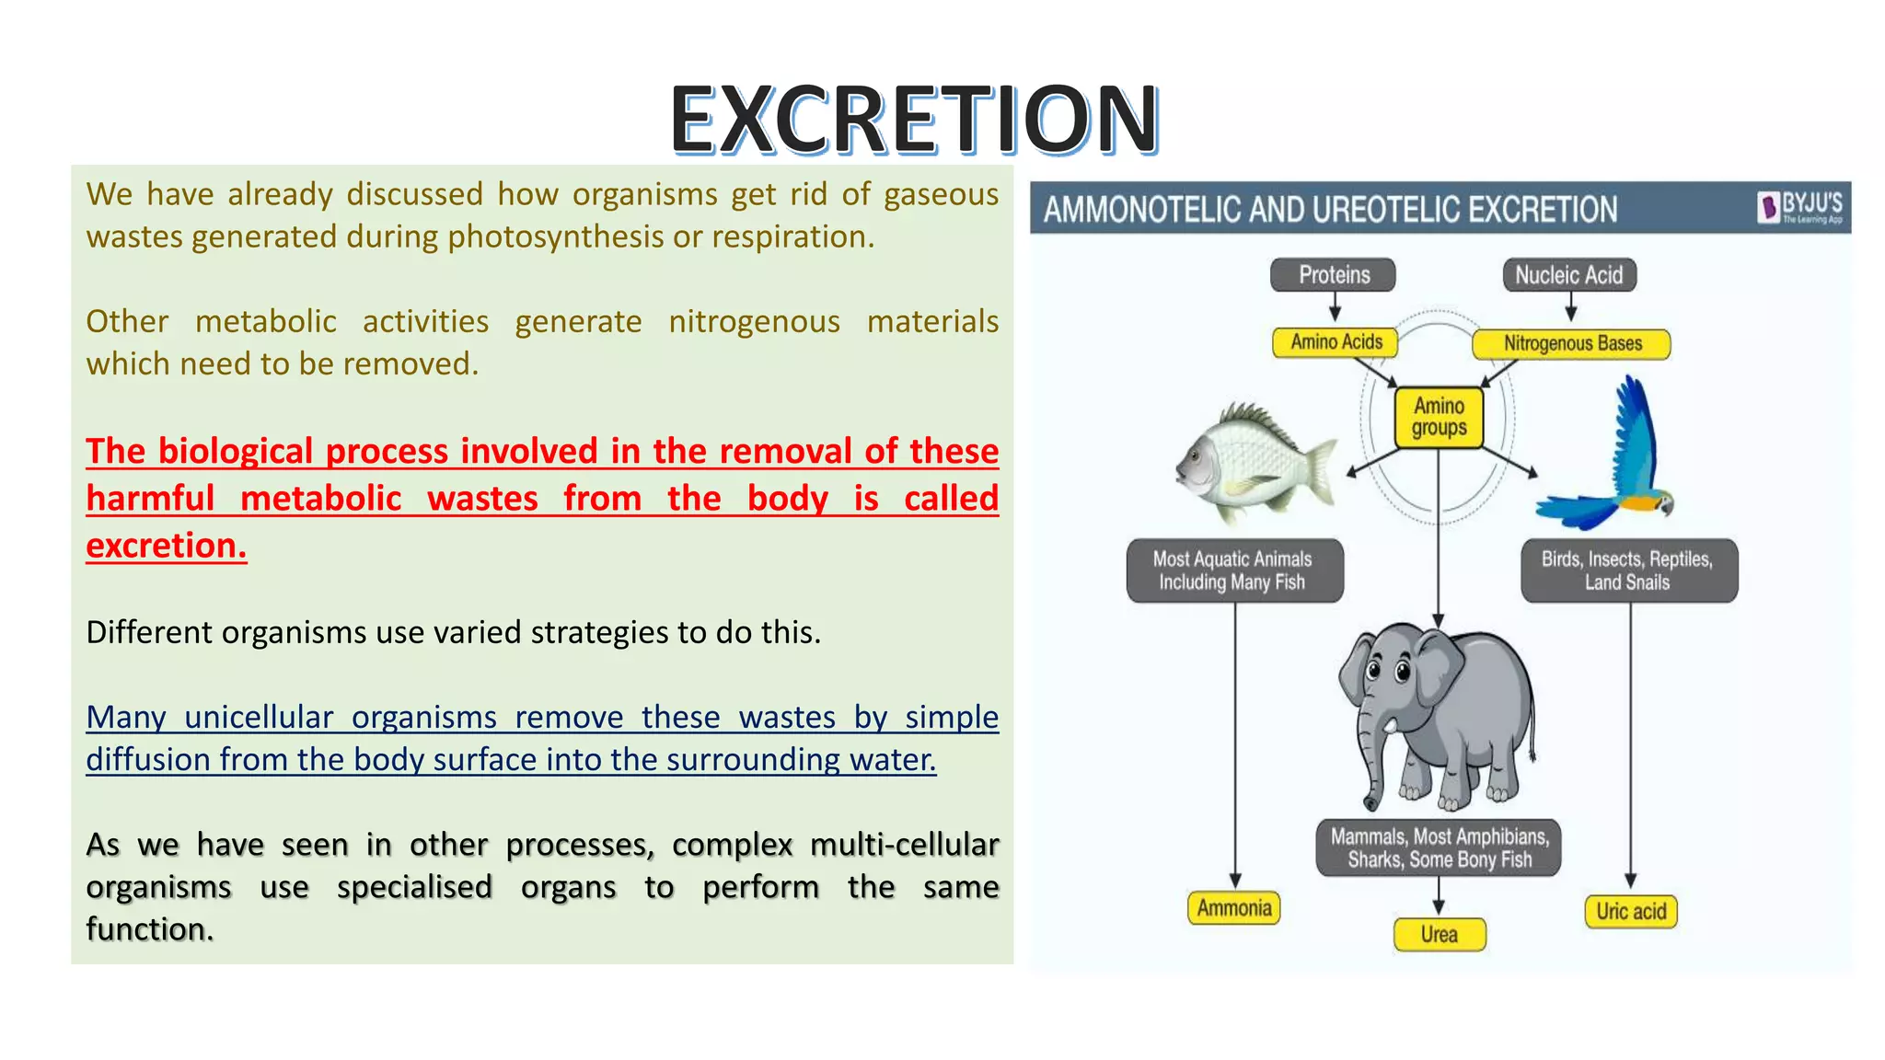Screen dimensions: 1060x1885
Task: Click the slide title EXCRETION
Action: tap(913, 119)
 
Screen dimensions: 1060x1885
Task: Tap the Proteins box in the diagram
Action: tap(1333, 275)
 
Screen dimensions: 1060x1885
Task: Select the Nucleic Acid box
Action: tap(1569, 275)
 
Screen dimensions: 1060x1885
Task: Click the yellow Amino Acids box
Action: tap(1336, 342)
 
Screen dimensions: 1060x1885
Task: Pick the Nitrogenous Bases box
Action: tap(1572, 344)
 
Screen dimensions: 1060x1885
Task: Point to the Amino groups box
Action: tap(1439, 418)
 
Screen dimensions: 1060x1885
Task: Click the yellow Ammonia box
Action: tap(1233, 908)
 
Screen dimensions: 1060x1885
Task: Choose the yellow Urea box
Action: tap(1439, 934)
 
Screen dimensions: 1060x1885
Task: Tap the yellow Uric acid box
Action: tap(1631, 911)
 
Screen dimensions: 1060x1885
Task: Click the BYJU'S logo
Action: tap(1800, 207)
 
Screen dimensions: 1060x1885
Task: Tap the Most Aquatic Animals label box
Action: tap(1233, 570)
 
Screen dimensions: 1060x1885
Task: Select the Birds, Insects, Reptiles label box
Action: tap(1628, 570)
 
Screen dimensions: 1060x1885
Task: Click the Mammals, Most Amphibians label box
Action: tap(1439, 847)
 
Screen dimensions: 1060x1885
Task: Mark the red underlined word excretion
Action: tap(167, 546)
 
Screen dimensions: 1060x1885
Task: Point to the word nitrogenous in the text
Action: tap(754, 322)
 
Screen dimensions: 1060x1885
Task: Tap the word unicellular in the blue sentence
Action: tap(259, 718)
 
